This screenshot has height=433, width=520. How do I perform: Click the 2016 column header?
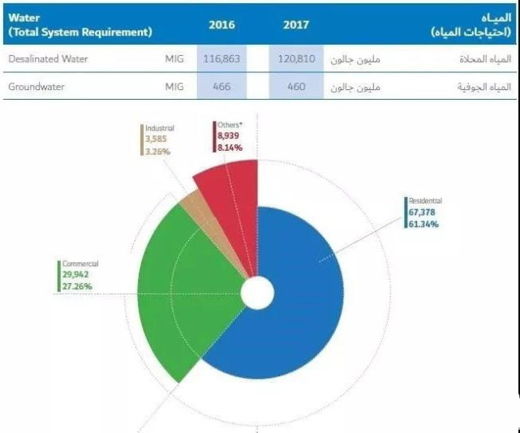tap(221, 24)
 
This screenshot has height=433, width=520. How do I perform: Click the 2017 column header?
tap(296, 24)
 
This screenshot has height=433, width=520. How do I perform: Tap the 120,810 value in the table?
tap(296, 59)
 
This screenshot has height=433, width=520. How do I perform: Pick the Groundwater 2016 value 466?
tap(221, 86)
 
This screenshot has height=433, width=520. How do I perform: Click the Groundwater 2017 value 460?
tap(296, 86)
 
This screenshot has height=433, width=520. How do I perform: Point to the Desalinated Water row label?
tap(48, 59)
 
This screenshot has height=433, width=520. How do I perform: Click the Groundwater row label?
tap(37, 86)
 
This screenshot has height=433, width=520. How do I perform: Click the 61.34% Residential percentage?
tap(424, 224)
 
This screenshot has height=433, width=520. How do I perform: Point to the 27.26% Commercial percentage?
tap(75, 287)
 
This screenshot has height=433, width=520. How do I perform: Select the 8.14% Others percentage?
tap(230, 148)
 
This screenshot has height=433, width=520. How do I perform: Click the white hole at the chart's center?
tap(257, 294)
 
